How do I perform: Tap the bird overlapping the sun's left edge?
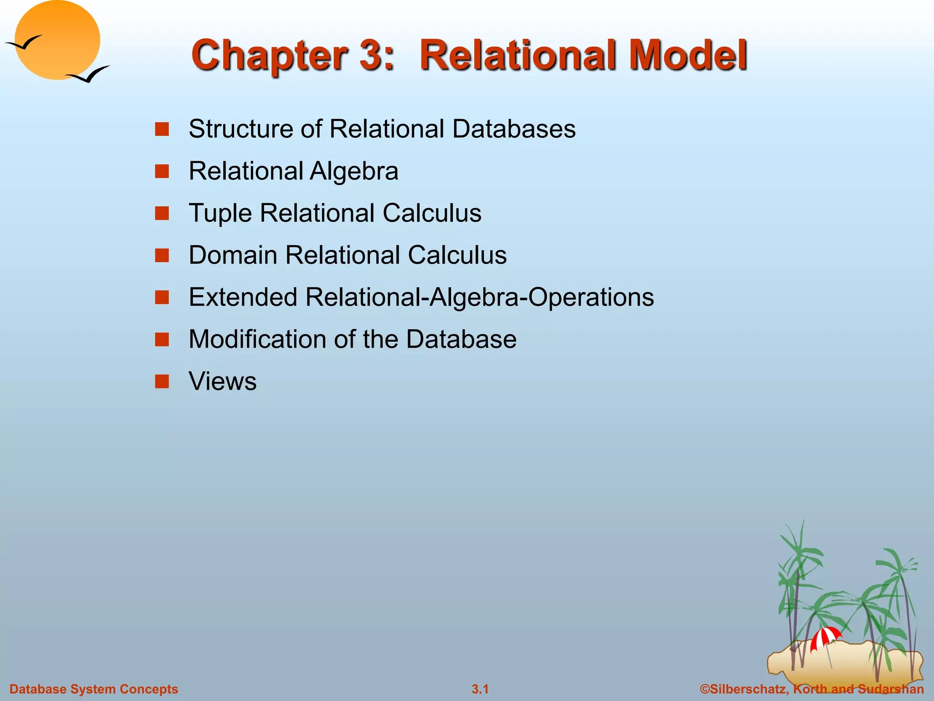24,43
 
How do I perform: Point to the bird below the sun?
89,74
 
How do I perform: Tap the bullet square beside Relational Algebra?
162,172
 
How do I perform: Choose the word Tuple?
220,214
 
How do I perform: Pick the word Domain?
233,255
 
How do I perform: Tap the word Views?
223,382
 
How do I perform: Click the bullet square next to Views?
162,382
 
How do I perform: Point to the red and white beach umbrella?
825,637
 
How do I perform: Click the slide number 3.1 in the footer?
480,689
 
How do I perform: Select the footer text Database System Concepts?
94,689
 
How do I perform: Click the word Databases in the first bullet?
514,129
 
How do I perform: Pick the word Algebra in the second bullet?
354,172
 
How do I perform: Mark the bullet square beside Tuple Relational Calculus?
162,214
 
